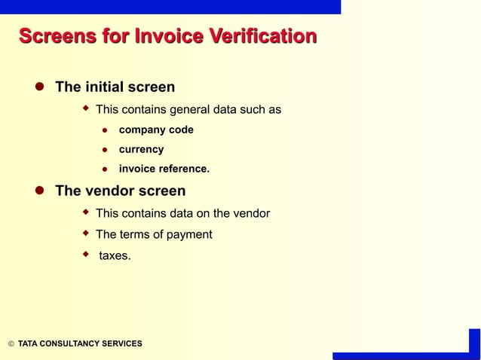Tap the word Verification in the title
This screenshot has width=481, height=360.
point(261,37)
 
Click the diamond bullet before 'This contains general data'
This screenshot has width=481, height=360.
point(86,109)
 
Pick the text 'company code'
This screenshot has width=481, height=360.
point(156,130)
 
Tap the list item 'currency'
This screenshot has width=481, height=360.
point(141,149)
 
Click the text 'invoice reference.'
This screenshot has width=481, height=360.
point(164,169)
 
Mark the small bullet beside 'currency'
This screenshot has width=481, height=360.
point(106,150)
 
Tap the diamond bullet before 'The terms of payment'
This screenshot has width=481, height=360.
point(86,233)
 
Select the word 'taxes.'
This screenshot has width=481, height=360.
point(115,256)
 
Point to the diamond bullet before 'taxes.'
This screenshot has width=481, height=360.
point(86,255)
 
